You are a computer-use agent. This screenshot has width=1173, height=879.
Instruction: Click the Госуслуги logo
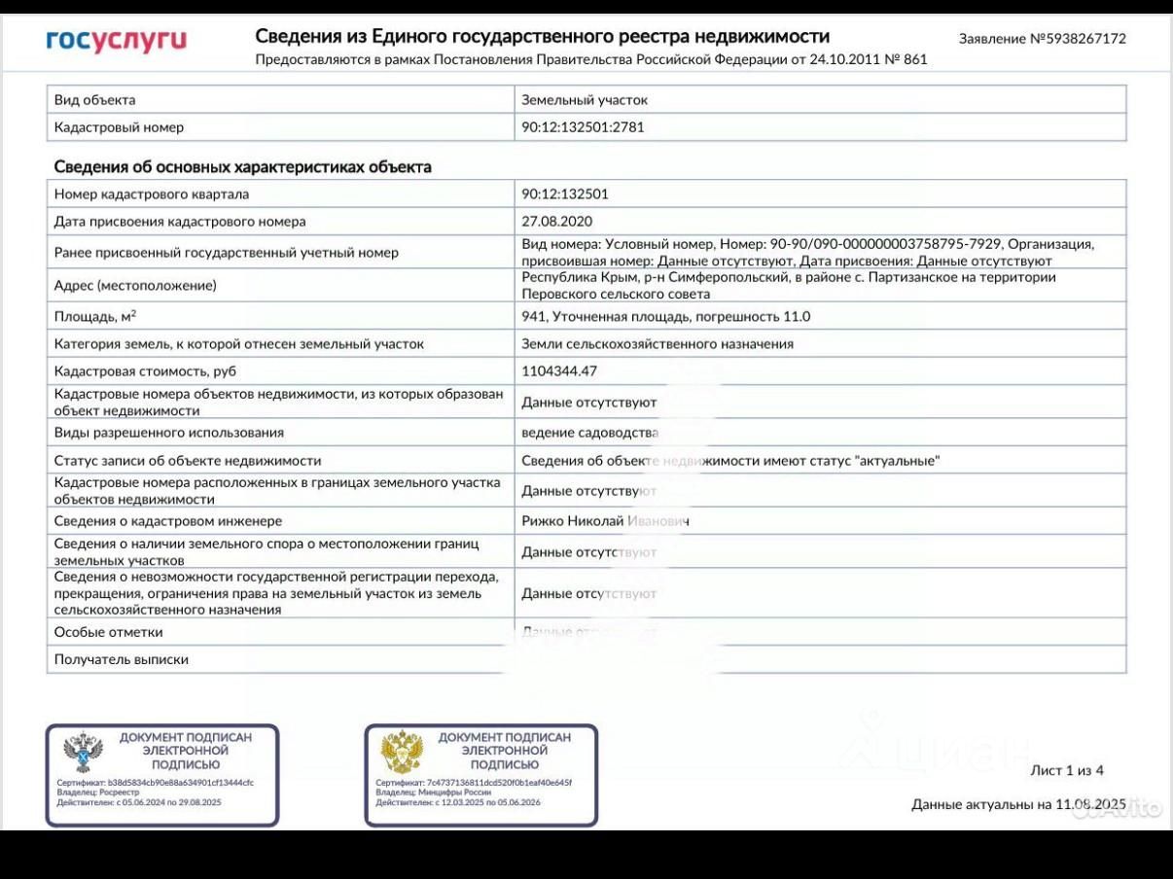click(x=116, y=40)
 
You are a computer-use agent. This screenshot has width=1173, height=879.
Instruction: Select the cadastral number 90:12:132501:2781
click(x=583, y=127)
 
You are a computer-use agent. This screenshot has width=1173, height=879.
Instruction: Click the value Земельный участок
click(x=584, y=100)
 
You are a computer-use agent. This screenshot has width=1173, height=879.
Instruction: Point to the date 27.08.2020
click(x=556, y=222)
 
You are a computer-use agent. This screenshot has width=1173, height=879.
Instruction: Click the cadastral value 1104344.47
click(x=559, y=370)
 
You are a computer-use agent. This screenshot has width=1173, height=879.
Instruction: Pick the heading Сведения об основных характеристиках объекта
click(x=242, y=167)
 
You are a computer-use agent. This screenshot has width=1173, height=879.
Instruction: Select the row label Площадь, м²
click(x=95, y=316)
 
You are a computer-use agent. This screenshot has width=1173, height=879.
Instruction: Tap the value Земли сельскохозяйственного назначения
click(x=657, y=343)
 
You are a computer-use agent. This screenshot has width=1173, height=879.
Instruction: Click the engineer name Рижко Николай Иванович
click(x=605, y=521)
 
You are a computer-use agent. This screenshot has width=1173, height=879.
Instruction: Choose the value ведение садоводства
click(x=589, y=433)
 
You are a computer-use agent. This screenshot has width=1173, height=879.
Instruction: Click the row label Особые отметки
click(x=108, y=632)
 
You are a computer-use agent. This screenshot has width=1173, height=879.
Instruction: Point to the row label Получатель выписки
click(x=121, y=659)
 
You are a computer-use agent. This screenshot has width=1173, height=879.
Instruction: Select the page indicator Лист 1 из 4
click(x=1066, y=771)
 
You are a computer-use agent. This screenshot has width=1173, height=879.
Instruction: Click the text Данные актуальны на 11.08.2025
click(x=1017, y=804)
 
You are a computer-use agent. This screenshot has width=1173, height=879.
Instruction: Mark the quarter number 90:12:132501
click(x=564, y=194)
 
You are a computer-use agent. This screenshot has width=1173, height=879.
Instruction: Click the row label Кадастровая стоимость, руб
click(x=145, y=370)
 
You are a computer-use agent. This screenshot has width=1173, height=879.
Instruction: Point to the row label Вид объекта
click(x=94, y=100)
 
